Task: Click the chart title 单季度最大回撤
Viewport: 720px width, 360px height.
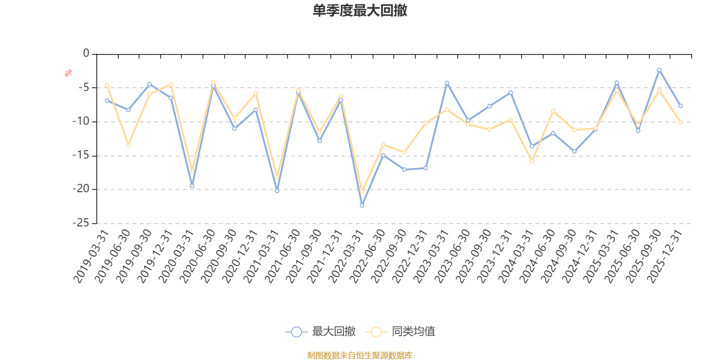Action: coord(360,10)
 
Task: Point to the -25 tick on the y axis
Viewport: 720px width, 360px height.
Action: coord(81,223)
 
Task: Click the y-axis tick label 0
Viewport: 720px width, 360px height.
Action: coord(86,54)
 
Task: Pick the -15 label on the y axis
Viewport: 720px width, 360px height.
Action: coord(81,156)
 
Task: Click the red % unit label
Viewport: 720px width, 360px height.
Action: coord(68,73)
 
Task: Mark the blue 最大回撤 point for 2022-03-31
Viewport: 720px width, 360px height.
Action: coord(362,206)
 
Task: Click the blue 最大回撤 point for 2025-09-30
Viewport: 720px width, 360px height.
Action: coord(659,70)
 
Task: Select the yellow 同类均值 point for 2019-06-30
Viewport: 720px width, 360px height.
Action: coord(128,145)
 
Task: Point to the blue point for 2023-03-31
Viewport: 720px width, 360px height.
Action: coord(447,83)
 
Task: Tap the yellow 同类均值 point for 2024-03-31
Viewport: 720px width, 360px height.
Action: coord(532,161)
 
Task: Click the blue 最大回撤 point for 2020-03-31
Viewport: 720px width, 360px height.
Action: coord(192,186)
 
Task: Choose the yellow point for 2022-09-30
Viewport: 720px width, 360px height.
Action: coord(404,153)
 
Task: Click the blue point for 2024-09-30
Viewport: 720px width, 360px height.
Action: coord(574,152)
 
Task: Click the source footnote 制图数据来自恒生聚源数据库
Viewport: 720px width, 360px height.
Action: coord(360,355)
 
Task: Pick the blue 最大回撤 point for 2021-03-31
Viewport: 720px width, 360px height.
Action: coord(277,191)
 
